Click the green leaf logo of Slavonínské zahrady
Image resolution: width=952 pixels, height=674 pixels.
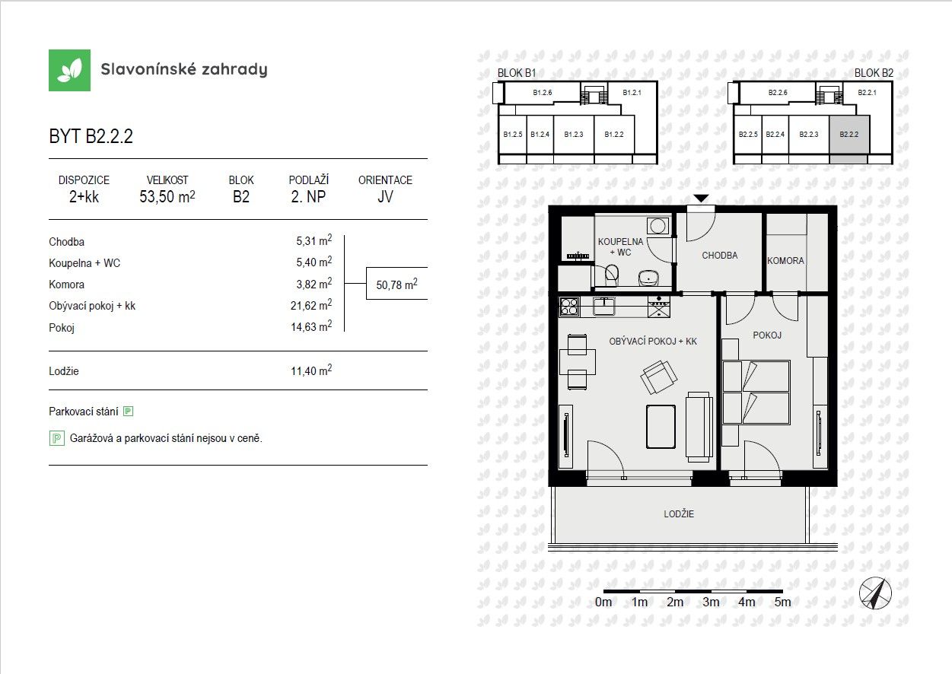tap(69, 70)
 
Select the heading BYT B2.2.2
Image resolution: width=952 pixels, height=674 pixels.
tap(91, 137)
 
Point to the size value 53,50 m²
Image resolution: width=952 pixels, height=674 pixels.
tap(167, 197)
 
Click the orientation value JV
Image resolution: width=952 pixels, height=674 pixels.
tap(385, 197)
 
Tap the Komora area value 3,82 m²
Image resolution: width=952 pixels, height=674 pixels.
tap(314, 284)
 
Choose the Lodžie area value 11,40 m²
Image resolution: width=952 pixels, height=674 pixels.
tap(314, 371)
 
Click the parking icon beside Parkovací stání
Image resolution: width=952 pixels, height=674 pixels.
tap(128, 412)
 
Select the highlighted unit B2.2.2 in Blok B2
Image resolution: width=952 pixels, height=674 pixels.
tap(849, 135)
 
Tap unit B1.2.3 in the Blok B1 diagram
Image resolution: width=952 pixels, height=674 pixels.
tap(573, 135)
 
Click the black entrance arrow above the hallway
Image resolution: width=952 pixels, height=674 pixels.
tap(702, 199)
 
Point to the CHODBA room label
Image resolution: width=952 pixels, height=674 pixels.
tap(719, 256)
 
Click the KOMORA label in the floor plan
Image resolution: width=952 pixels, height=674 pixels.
tap(785, 260)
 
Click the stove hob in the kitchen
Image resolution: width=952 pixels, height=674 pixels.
tap(569, 307)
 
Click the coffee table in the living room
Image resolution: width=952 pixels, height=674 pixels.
tap(661, 427)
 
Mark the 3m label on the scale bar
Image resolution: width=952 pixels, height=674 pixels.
tap(711, 602)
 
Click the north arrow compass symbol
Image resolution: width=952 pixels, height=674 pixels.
tap(874, 593)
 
